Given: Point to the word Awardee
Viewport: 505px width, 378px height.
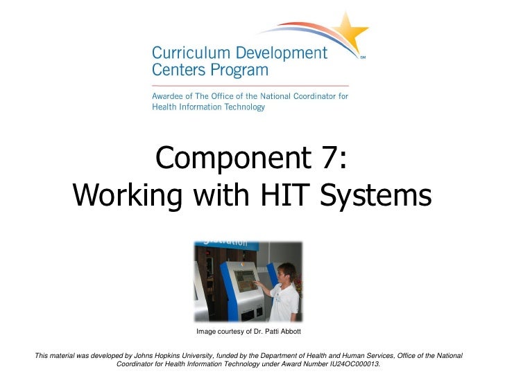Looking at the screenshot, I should (x=170, y=96).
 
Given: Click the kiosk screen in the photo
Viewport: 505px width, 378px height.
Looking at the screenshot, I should (x=245, y=280).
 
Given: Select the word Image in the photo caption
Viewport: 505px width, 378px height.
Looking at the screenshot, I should (x=205, y=332).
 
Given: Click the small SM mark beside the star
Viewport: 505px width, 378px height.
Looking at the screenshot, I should (x=363, y=58).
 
